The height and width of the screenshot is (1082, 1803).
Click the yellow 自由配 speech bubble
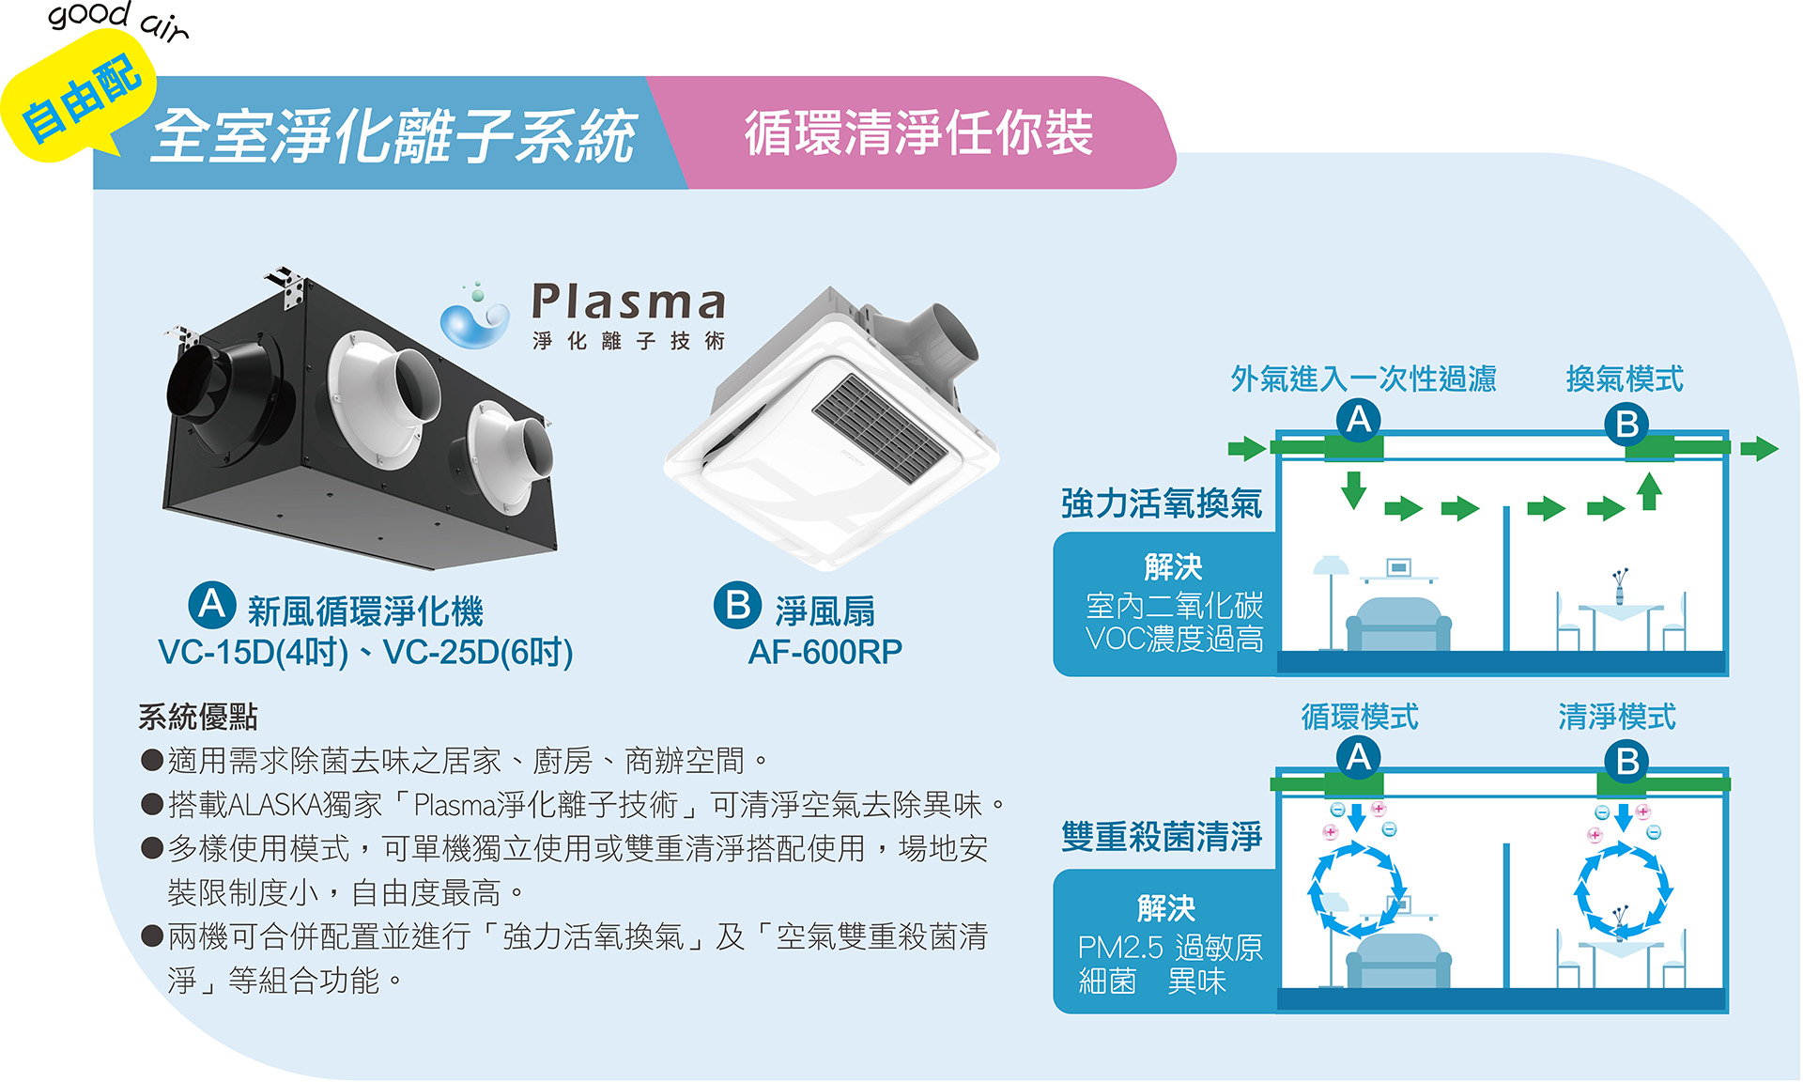click(x=80, y=99)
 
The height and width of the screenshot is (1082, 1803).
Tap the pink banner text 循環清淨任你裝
click(x=918, y=132)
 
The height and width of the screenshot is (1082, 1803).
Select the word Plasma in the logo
click(x=628, y=301)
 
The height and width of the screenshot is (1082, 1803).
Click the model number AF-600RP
click(x=824, y=652)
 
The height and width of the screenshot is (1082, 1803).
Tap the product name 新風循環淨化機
click(x=365, y=611)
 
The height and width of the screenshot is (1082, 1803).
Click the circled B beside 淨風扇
click(x=738, y=606)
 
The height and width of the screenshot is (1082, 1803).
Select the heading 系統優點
click(x=198, y=718)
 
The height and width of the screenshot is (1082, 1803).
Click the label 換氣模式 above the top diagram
click(x=1625, y=379)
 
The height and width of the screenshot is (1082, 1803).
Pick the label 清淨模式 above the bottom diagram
click(x=1617, y=718)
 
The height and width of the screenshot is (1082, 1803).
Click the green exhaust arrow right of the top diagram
click(x=1759, y=448)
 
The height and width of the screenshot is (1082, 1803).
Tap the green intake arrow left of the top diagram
click(x=1247, y=448)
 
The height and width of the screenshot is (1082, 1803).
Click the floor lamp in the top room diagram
click(x=1331, y=602)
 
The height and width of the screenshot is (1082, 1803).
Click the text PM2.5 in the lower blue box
click(x=1120, y=948)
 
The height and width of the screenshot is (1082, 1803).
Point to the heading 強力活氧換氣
click(x=1162, y=503)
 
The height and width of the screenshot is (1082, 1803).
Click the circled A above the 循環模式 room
click(x=1359, y=757)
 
